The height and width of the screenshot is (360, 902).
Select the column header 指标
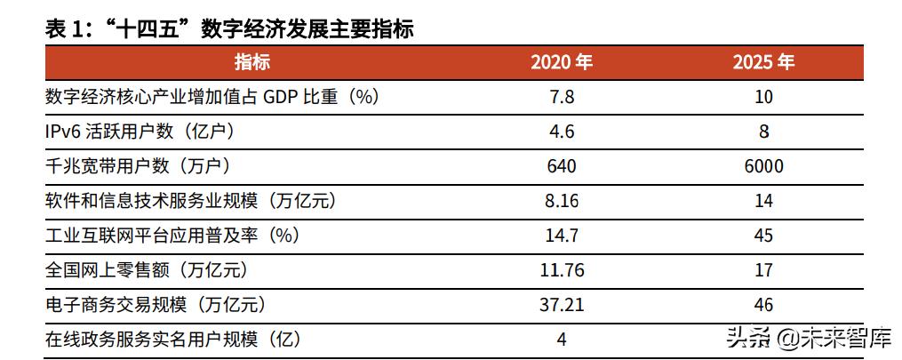click(x=252, y=62)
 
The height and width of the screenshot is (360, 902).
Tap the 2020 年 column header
click(x=562, y=62)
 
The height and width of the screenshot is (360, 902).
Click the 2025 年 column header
click(x=763, y=62)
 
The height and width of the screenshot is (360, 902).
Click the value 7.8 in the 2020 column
click(x=562, y=97)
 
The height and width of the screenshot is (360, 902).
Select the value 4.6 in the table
click(x=562, y=132)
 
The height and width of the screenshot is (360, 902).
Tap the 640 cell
click(x=562, y=166)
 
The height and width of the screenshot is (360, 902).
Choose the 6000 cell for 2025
click(x=763, y=166)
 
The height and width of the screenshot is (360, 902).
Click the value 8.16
click(x=562, y=201)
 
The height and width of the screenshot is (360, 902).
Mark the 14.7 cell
click(x=562, y=236)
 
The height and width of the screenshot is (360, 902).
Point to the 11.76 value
click(x=562, y=270)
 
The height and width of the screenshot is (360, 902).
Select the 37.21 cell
click(x=562, y=305)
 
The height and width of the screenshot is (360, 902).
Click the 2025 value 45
click(x=763, y=236)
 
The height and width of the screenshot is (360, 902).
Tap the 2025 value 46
click(x=763, y=305)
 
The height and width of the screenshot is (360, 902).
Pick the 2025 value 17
click(x=763, y=270)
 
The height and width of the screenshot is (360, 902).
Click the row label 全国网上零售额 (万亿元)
click(x=146, y=270)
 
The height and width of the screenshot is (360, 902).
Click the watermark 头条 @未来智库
click(x=806, y=338)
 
